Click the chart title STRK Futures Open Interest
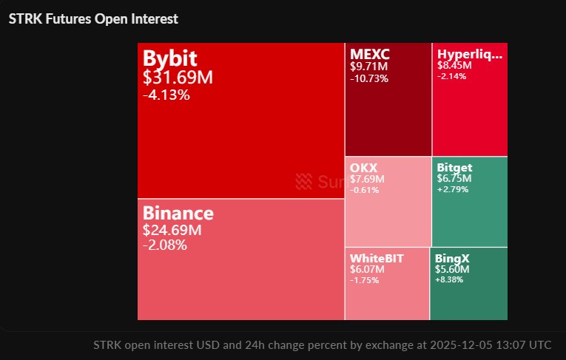point(93,18)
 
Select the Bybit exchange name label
point(171,58)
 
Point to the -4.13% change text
point(166,95)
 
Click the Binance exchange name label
point(178,214)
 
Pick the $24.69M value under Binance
point(172,231)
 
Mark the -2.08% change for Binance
point(164,245)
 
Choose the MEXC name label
point(369,55)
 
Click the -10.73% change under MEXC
point(369,78)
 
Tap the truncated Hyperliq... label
point(470,55)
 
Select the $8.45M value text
point(454,65)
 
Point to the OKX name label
point(363,168)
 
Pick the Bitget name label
point(454,168)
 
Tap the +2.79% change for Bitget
point(453,189)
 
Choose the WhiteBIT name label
point(377,259)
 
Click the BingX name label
point(452,259)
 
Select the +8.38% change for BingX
point(451,280)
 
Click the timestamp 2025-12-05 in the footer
point(459,344)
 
